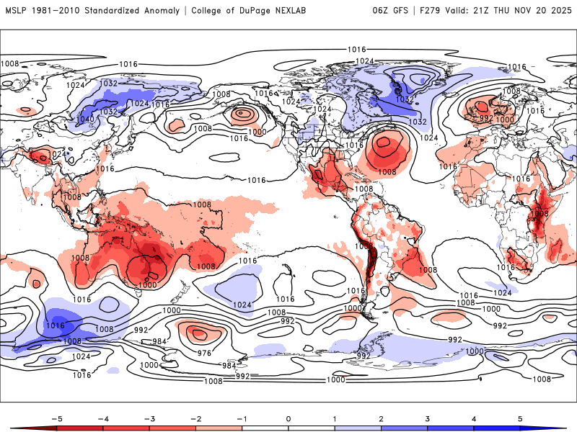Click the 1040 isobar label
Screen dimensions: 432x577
point(84,120)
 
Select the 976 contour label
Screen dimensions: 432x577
point(204,353)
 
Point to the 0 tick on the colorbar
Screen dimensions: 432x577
point(288,418)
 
